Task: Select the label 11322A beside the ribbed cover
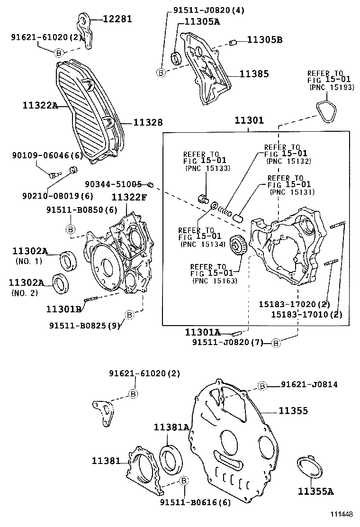coord(40,105)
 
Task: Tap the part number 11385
coord(253,73)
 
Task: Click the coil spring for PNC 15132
coord(226,210)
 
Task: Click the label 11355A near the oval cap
coord(315,491)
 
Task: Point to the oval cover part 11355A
coord(309,467)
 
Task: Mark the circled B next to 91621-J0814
coord(262,386)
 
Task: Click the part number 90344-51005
coord(113,184)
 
